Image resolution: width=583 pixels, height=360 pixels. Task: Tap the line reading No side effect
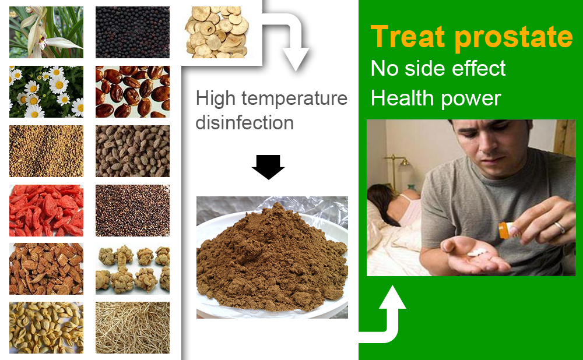tap(438, 68)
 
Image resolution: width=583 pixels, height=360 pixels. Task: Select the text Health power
tap(436, 98)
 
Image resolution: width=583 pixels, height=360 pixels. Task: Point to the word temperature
tap(294, 99)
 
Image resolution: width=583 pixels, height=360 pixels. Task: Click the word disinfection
tap(245, 122)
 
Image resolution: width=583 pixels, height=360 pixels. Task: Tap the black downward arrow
tap(268, 167)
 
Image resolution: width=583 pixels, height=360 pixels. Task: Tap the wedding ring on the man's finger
tap(560, 227)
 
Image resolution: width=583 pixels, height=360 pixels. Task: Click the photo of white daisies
tap(46, 92)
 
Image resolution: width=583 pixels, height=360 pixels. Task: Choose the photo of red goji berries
tap(46, 210)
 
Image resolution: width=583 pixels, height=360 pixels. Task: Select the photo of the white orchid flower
tap(46, 32)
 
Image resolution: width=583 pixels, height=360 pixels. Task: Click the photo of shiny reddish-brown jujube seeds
tap(132, 92)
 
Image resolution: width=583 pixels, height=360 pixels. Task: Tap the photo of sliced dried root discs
tap(217, 32)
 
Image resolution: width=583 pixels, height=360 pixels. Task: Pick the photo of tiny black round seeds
tap(132, 32)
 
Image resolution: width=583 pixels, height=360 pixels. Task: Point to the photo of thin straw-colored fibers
tap(132, 327)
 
